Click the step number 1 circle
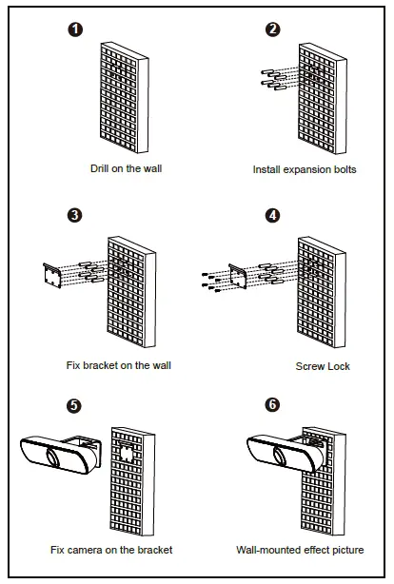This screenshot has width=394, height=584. point(75,29)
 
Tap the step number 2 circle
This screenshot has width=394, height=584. point(273,29)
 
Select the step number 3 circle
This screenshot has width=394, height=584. point(74,215)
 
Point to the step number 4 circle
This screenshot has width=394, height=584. point(272,215)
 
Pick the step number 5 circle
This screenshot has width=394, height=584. point(74,405)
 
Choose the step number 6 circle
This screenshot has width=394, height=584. point(272,404)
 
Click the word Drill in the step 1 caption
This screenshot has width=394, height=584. point(100,168)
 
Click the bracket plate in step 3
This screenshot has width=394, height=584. point(52,276)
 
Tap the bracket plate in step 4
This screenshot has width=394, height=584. point(238,276)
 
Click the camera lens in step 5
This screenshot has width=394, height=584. point(53,457)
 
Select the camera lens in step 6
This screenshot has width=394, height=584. point(281,456)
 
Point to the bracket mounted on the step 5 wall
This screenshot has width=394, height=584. point(126,452)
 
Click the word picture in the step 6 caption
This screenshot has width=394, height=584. point(345,550)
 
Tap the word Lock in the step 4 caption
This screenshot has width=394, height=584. point(339,366)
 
